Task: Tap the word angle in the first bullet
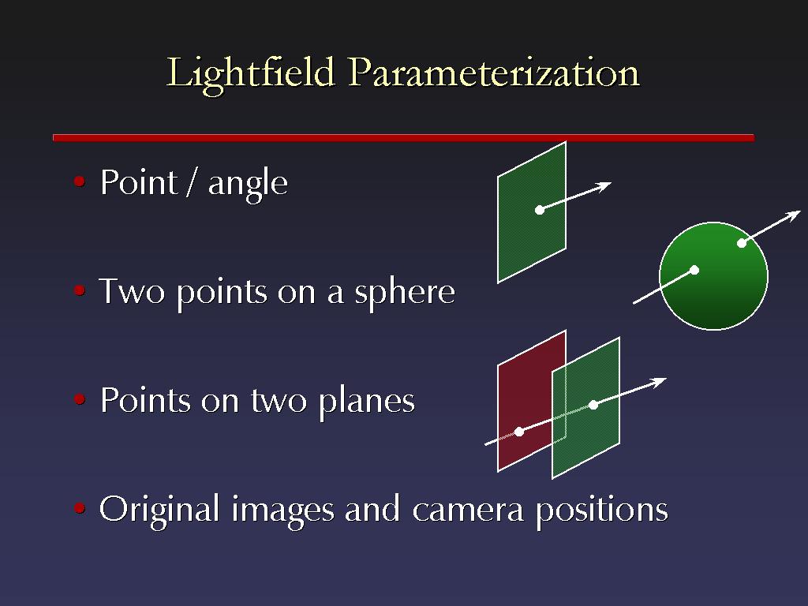tap(248, 185)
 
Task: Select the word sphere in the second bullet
tap(405, 294)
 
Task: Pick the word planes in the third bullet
tap(366, 402)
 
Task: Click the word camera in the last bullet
tap(469, 511)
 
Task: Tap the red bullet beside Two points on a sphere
tap(80, 290)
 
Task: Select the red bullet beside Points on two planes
tap(80, 398)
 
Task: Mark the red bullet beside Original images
tap(80, 508)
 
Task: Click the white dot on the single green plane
tap(540, 210)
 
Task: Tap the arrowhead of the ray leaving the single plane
tap(604, 186)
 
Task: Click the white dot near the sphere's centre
tap(694, 270)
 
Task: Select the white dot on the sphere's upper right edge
tap(742, 243)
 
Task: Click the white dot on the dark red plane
tap(519, 432)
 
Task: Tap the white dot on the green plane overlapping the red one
tap(593, 405)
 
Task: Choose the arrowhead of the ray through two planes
tap(659, 383)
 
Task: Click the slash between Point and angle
tap(193, 182)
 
